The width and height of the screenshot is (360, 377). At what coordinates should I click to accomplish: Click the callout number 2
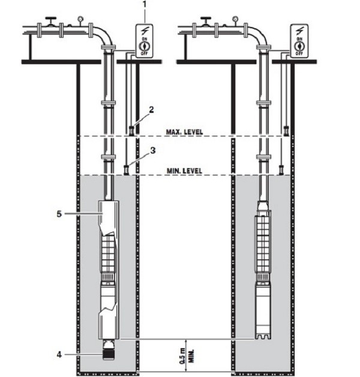(152, 110)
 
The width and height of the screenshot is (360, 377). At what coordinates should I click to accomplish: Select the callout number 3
(153, 151)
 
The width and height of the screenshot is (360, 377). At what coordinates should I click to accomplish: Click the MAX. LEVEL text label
(184, 131)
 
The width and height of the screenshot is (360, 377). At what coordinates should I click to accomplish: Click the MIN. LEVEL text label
(185, 170)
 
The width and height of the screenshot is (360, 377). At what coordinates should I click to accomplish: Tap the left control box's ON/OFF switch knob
(144, 44)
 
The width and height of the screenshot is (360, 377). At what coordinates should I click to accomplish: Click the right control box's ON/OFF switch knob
(298, 44)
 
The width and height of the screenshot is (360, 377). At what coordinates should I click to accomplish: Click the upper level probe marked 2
(131, 130)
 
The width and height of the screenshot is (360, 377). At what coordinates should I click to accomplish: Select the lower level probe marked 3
(127, 170)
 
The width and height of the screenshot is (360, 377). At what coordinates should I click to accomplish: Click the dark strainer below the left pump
(109, 349)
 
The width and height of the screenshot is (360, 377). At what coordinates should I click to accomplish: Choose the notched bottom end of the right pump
(263, 335)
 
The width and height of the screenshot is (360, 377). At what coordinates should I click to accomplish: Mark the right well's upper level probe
(286, 130)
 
